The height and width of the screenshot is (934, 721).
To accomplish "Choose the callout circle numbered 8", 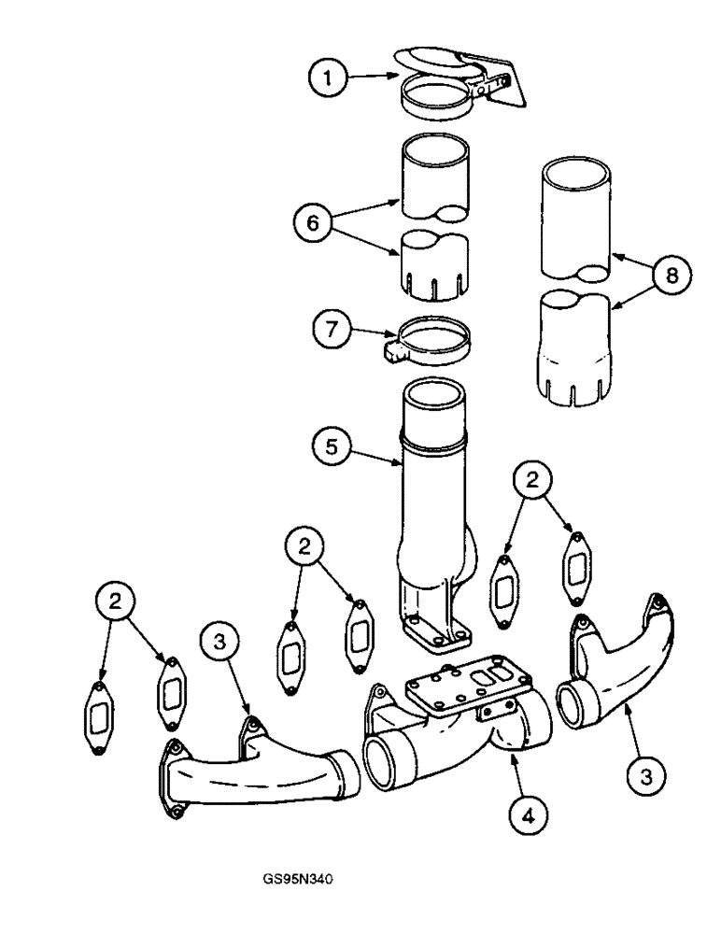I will coord(671,276).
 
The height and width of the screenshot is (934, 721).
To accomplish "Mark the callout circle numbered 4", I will coord(530,816).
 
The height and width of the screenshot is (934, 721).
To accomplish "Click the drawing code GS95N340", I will coord(299,878).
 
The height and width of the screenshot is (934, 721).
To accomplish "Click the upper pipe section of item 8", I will coord(577,219).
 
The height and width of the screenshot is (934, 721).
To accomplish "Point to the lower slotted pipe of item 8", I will coord(576,350).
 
